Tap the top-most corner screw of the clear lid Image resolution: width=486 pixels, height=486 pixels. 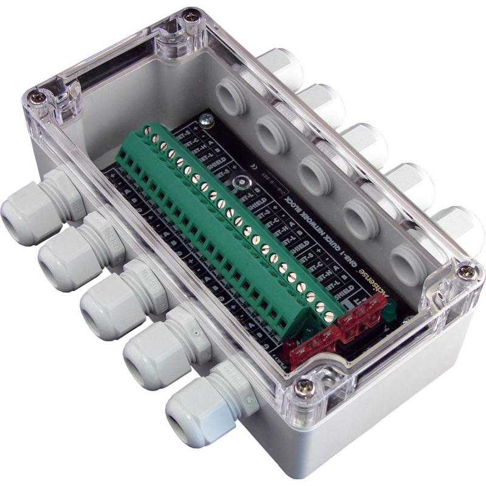tap(191, 18)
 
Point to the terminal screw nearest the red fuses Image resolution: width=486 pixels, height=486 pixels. tap(329, 316)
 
